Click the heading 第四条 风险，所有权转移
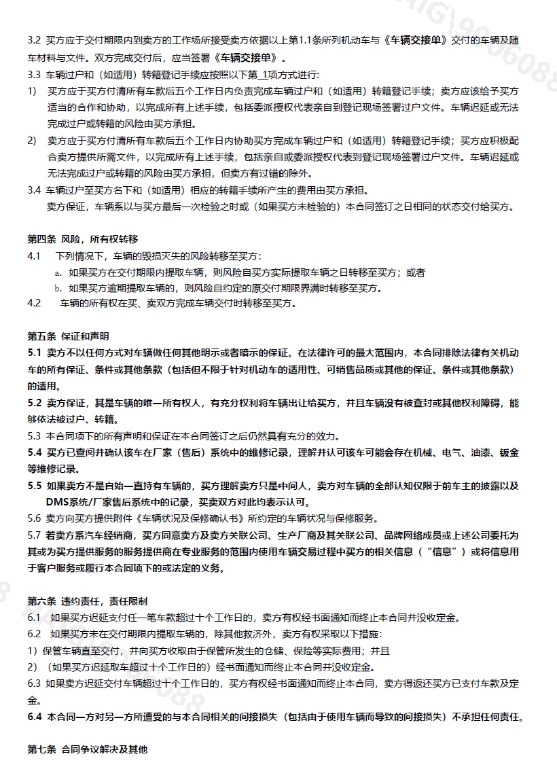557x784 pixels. pyautogui.click(x=82, y=239)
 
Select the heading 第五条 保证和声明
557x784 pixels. pyautogui.click(x=68, y=336)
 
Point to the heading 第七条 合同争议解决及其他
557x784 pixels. pyautogui.click(x=87, y=749)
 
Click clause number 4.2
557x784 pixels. pyautogui.click(x=34, y=303)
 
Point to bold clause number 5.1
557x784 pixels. pyautogui.click(x=35, y=353)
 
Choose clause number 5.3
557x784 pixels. pyautogui.click(x=34, y=435)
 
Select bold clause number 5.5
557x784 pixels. pyautogui.click(x=35, y=486)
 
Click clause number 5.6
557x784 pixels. pyautogui.click(x=34, y=518)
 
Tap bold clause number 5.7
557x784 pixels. pyautogui.click(x=35, y=535)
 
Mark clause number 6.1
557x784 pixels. pyautogui.click(x=34, y=618)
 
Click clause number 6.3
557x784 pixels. pyautogui.click(x=34, y=683)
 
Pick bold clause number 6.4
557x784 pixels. pyautogui.click(x=35, y=717)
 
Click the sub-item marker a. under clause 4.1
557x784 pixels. pyautogui.click(x=58, y=272)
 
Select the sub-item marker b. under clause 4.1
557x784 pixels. pyautogui.click(x=58, y=289)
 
